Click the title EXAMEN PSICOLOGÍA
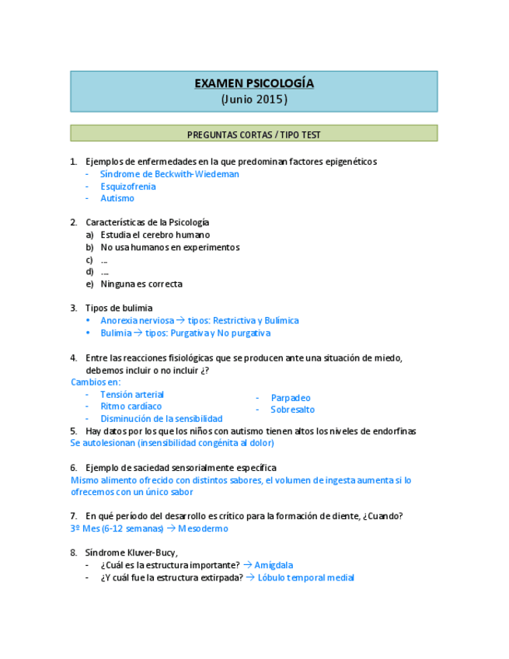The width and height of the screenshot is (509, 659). point(253,84)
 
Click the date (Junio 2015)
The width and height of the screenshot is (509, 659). point(253,99)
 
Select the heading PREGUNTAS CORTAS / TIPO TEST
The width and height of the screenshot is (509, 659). point(253,134)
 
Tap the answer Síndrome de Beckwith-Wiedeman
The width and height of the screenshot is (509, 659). point(169,174)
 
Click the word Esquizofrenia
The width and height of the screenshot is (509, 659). point(127,187)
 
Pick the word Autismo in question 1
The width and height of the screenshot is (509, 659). point(117,198)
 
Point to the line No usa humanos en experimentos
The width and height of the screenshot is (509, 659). point(169,247)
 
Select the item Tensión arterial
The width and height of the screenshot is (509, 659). point(132,394)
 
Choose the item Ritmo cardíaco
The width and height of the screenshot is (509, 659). point(131,406)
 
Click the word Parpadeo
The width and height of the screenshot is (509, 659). point(291,398)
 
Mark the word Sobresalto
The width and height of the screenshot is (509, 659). point(292,410)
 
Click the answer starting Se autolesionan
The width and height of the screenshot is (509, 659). point(172,443)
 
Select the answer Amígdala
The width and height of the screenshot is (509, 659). point(274,565)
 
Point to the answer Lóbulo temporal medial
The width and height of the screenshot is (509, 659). point(305,577)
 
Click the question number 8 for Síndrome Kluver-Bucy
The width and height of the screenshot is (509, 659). point(73,553)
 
